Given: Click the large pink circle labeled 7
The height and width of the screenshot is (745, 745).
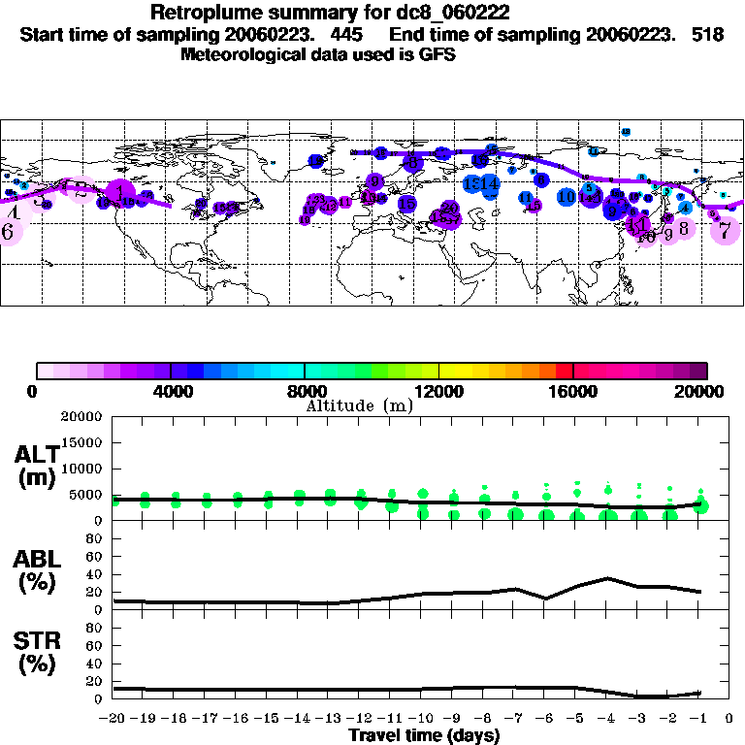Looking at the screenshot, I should [x=724, y=231].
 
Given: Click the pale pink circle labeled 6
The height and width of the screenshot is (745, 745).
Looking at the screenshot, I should [x=8, y=232].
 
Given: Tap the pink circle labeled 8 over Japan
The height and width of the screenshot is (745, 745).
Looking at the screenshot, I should [x=684, y=229].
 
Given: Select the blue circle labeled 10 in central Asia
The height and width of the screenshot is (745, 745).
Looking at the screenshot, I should [x=567, y=196].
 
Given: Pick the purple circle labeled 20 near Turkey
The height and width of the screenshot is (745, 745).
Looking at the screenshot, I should [x=449, y=208].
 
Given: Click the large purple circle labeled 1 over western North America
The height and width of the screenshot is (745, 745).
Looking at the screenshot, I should [x=119, y=191].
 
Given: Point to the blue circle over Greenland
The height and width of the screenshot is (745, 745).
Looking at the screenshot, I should [x=315, y=161].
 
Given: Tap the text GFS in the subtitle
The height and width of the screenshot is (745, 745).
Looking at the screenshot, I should [x=437, y=54].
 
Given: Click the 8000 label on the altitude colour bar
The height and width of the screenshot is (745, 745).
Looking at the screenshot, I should [x=305, y=392].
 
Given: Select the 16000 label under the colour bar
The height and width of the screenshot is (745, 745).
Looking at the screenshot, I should [x=573, y=392].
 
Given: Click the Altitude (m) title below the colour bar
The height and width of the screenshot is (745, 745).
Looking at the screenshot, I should [x=359, y=405].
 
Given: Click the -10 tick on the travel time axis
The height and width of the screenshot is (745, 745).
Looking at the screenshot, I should [x=419, y=720].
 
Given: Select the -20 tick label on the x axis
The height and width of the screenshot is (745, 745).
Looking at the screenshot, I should [x=113, y=720].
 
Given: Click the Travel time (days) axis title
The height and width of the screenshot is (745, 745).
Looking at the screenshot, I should [x=424, y=736].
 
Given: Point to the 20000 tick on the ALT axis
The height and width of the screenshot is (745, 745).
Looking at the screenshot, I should [x=81, y=417].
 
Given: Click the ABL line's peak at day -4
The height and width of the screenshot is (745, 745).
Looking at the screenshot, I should [x=607, y=578].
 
